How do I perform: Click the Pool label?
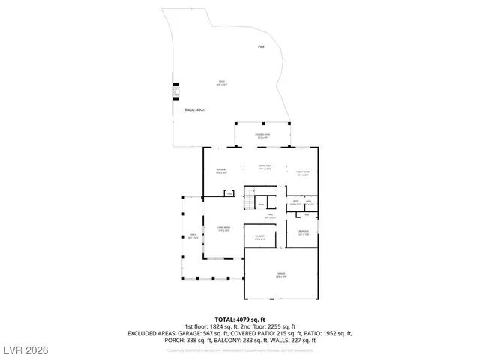(x=261, y=46)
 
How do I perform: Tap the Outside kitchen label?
(x=195, y=110)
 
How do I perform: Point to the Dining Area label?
(x=265, y=167)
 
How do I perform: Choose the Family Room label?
(x=303, y=172)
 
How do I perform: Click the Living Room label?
(x=223, y=230)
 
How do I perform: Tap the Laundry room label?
(x=259, y=237)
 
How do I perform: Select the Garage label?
(x=280, y=274)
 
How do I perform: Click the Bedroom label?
(x=304, y=232)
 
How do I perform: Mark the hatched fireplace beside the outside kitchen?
(x=176, y=91)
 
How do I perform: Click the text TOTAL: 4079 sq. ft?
(x=240, y=319)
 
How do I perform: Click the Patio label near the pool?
(x=222, y=82)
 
